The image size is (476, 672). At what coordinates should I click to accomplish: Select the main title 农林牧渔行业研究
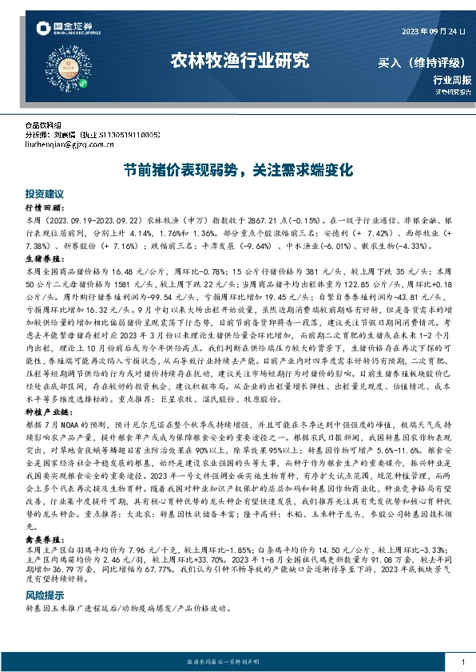click(x=239, y=60)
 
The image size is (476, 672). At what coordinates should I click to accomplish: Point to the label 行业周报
click(x=452, y=80)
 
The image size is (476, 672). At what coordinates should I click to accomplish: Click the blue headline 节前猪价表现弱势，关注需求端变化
click(x=237, y=170)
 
